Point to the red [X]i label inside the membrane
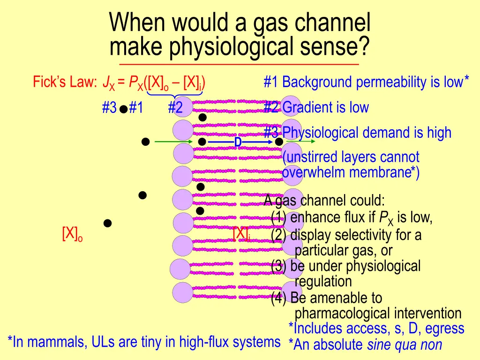click(x=241, y=233)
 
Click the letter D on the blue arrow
click(x=238, y=142)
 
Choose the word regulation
click(x=323, y=281)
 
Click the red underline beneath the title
click(x=239, y=64)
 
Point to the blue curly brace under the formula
click(x=174, y=96)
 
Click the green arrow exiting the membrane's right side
click(x=300, y=141)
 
